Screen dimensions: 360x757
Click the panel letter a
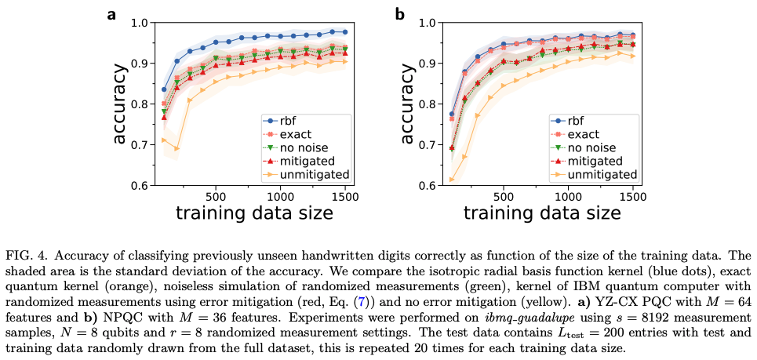point(111,14)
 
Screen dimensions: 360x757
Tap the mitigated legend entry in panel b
point(600,160)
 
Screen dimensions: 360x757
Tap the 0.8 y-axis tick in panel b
point(428,104)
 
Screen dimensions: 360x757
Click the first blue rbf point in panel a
point(164,89)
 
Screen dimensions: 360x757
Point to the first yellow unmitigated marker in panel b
point(452,180)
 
